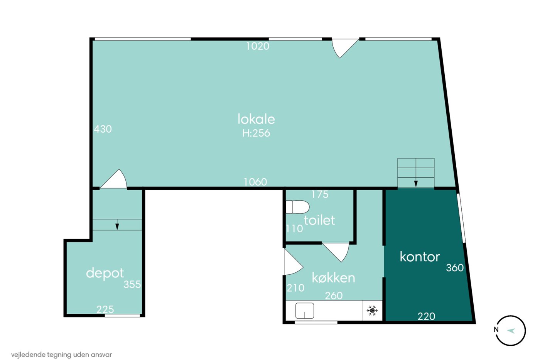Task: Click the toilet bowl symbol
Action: (297, 207)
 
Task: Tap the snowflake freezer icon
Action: (372, 311)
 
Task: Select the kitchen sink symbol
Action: (305, 311)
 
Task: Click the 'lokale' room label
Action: (256, 119)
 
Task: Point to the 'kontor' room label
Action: (420, 257)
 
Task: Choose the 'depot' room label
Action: (105, 274)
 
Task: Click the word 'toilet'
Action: (319, 220)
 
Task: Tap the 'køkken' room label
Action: (333, 278)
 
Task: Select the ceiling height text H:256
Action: (256, 133)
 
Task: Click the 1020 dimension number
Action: (258, 46)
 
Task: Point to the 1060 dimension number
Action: (255, 182)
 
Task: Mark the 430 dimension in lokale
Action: (103, 129)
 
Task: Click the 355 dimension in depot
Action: (132, 284)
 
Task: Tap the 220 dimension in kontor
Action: (426, 316)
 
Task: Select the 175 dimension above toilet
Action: (320, 194)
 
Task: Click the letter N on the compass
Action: (496, 330)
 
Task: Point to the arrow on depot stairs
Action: (117, 225)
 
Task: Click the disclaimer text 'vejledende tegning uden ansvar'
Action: (61, 355)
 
